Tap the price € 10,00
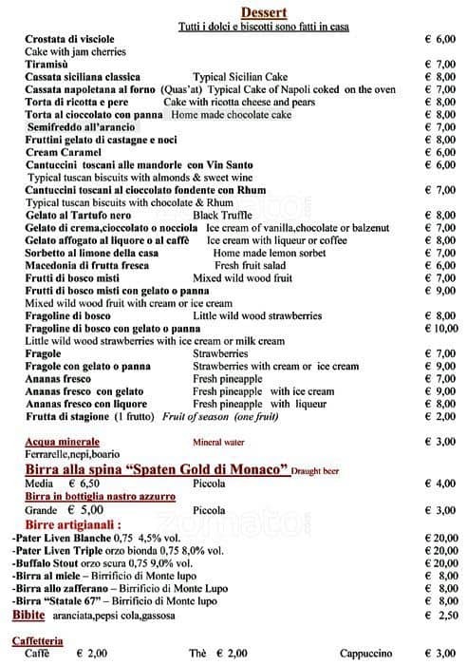(x=438, y=328)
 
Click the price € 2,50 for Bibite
(x=440, y=615)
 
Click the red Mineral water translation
(x=226, y=442)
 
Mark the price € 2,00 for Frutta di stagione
(x=440, y=416)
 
